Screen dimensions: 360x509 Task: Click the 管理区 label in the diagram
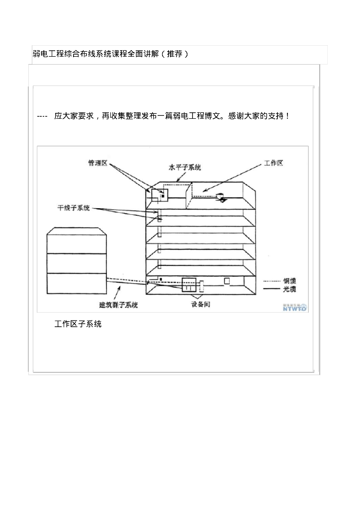(x=97, y=163)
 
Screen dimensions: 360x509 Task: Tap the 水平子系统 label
(x=184, y=168)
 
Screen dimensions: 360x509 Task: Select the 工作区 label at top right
(x=273, y=163)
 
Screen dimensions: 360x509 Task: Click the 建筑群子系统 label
(x=119, y=305)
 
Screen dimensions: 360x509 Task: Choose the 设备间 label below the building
(x=200, y=304)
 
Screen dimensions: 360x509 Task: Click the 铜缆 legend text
(x=290, y=281)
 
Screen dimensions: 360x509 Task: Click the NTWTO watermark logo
(x=294, y=308)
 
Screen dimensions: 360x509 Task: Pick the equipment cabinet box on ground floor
(x=190, y=285)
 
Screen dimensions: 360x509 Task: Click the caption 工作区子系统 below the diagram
(x=78, y=324)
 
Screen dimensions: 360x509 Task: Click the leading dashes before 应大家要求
(x=42, y=116)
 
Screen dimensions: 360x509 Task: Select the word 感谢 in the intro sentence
(x=237, y=116)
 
